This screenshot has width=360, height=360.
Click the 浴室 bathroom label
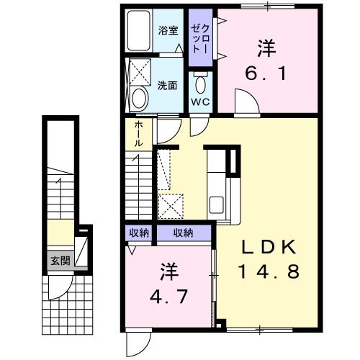pyautogui.click(x=168, y=31)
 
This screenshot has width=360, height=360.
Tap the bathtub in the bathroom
pyautogui.click(x=138, y=32)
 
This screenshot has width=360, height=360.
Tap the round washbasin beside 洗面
pyautogui.click(x=140, y=96)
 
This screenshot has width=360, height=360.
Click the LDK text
pyautogui.click(x=268, y=247)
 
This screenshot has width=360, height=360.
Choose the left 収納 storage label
pyautogui.click(x=139, y=233)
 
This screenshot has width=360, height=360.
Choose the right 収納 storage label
pyautogui.click(x=184, y=233)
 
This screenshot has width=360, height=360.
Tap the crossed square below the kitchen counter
pyautogui.click(x=171, y=205)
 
